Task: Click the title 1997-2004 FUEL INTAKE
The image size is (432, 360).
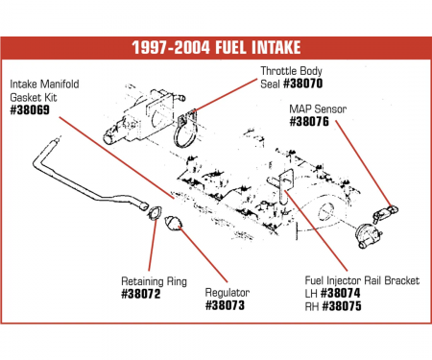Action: (215, 49)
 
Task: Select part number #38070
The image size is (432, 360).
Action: (307, 97)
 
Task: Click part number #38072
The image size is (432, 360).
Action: (141, 294)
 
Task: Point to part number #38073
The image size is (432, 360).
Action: (225, 305)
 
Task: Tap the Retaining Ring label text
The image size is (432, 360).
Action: (155, 281)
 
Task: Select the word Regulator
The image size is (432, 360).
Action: (228, 293)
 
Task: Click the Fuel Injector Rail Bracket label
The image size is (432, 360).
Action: (360, 281)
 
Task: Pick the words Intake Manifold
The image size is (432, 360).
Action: (46, 84)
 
